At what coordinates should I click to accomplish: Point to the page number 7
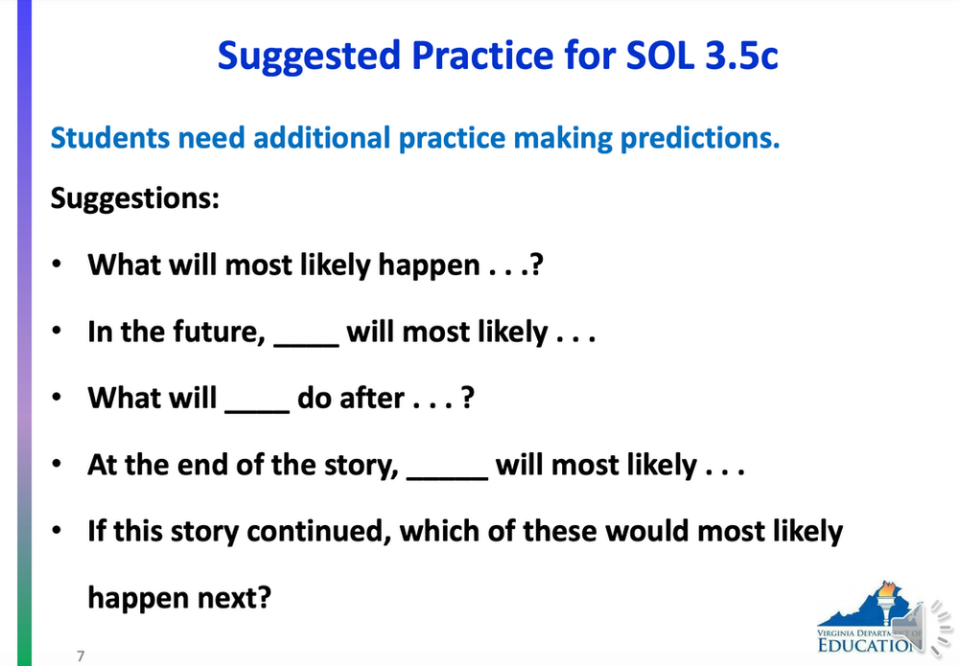tap(81, 655)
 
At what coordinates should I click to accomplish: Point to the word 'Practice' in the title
tap(479, 56)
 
